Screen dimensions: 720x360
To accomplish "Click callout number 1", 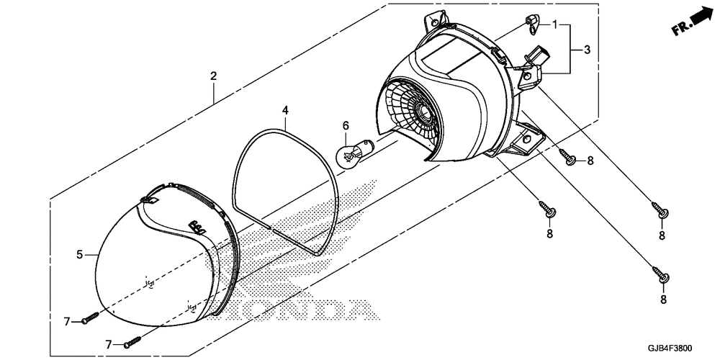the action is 556,24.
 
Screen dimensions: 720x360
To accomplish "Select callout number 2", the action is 213,76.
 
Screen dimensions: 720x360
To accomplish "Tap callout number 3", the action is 587,50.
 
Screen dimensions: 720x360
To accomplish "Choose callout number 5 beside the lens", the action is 81,254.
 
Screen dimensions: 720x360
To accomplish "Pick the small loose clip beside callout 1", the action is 532,23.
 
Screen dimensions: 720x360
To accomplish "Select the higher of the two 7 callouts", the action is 68,321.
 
